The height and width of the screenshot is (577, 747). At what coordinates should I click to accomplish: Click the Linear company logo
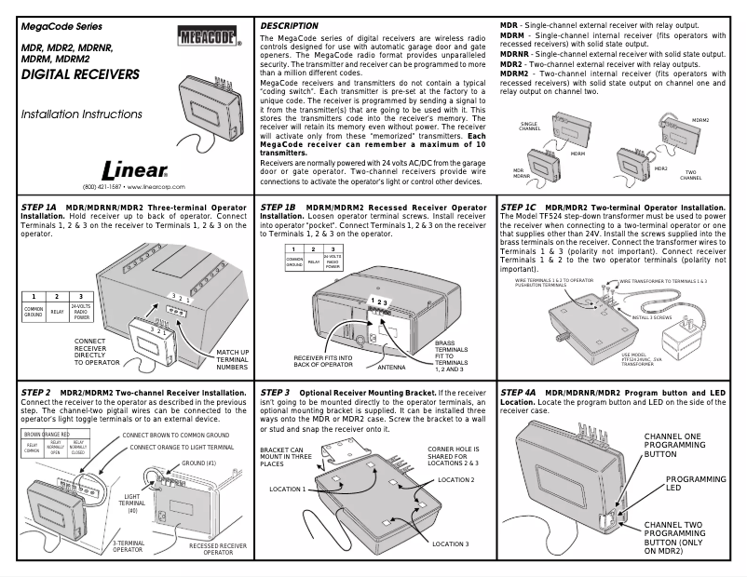[x=135, y=171]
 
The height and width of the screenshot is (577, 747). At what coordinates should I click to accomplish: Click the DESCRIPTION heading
[x=289, y=24]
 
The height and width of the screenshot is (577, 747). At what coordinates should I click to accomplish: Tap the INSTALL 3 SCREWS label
[x=653, y=316]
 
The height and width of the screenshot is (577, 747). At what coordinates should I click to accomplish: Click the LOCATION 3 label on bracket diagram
[x=450, y=543]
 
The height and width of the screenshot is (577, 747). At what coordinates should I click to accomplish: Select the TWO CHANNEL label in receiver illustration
[x=693, y=174]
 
